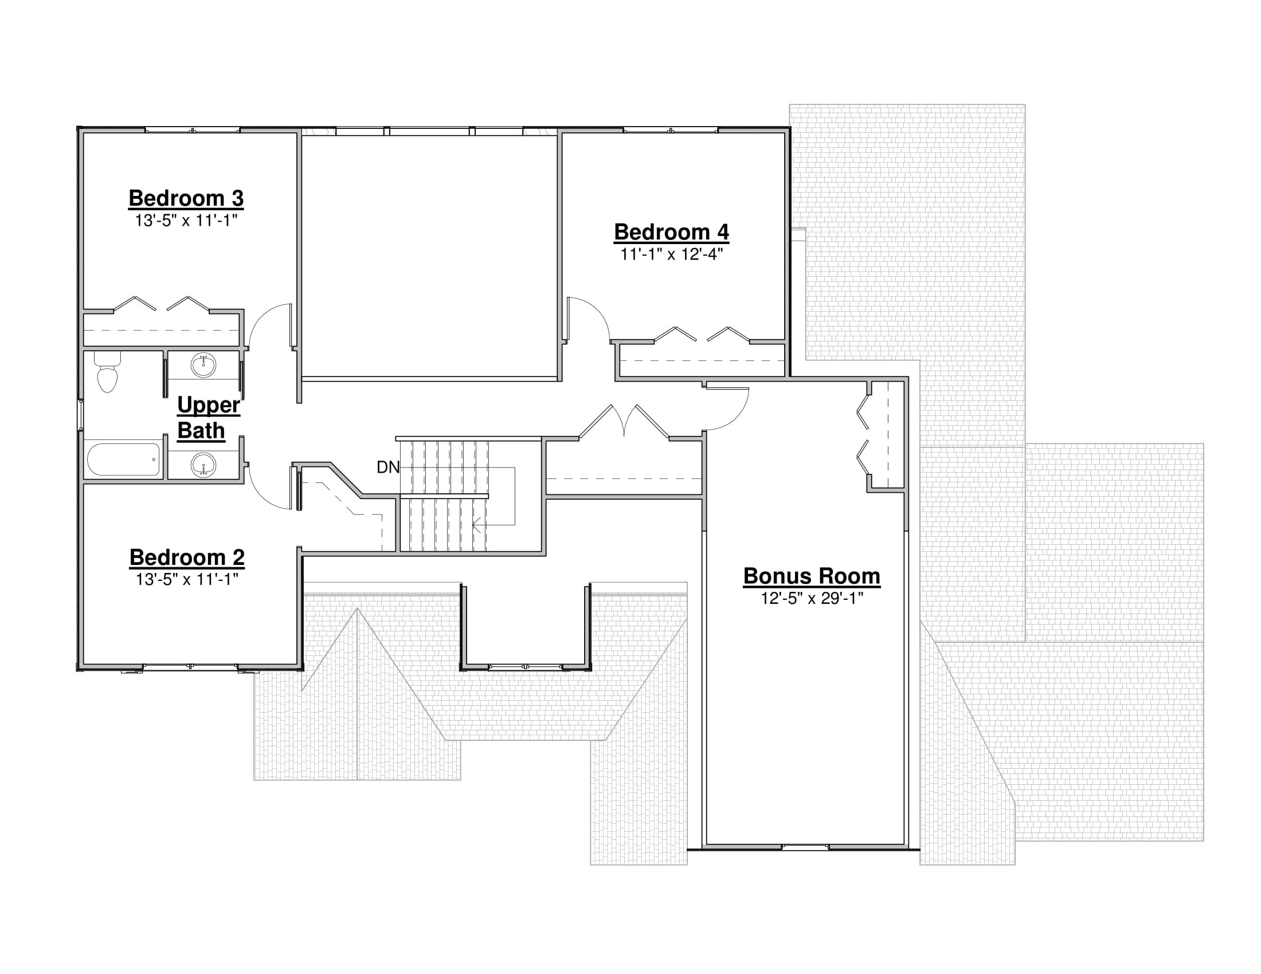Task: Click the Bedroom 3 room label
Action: [186, 198]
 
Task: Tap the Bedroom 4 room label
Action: [672, 232]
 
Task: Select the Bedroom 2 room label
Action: [187, 557]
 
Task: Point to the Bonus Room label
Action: [812, 576]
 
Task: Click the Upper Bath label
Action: [208, 418]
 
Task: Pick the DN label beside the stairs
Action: [388, 468]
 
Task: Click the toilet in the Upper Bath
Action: [107, 372]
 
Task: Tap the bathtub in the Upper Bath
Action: [124, 459]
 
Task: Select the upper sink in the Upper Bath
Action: [203, 366]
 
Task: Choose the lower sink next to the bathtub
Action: [203, 465]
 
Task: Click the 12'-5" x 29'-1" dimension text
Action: [812, 598]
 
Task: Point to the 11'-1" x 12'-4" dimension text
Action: [672, 254]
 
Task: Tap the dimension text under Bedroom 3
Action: [186, 221]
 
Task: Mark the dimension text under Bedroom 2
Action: [187, 579]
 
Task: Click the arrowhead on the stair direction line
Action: [477, 525]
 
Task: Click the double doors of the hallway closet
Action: [624, 421]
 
